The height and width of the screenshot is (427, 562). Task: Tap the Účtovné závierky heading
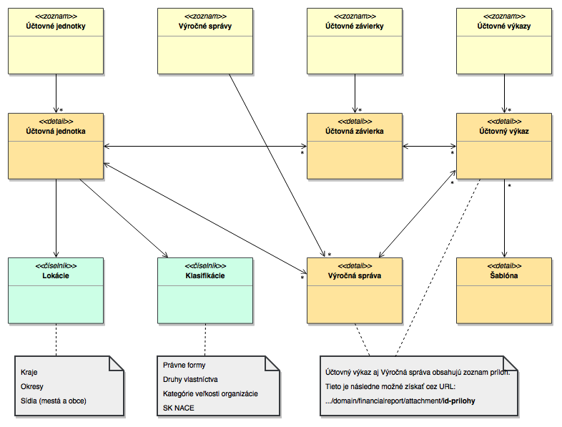(354, 26)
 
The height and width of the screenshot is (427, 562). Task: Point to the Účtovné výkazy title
(504, 26)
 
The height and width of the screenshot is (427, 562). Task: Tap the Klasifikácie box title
(204, 275)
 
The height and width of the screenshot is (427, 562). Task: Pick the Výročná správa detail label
(354, 275)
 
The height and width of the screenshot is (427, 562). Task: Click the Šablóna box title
(504, 275)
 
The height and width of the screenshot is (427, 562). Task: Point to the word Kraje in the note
(30, 372)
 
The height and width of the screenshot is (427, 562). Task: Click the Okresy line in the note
(33, 386)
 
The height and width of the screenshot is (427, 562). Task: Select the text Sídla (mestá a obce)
(54, 401)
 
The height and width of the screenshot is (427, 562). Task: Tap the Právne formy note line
(184, 365)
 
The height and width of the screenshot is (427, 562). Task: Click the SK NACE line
(178, 408)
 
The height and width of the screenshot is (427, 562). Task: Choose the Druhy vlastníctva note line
(190, 379)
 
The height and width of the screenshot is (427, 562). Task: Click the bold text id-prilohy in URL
(458, 401)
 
